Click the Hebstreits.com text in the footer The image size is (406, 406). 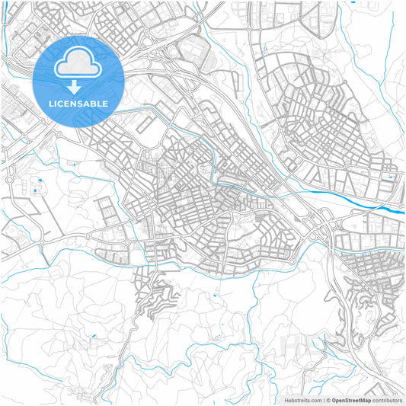tap(303, 400)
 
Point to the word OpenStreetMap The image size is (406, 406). tap(351, 400)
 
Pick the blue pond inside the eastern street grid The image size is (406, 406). tap(390, 177)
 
